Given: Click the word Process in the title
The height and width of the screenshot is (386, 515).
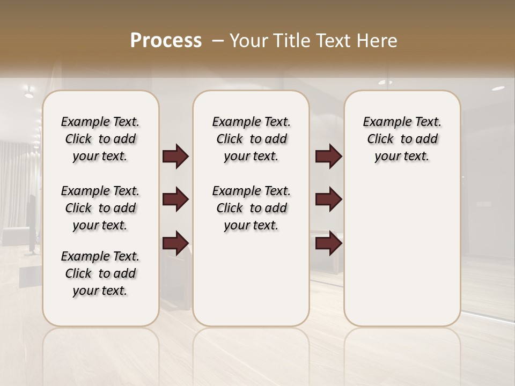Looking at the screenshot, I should click(x=166, y=41).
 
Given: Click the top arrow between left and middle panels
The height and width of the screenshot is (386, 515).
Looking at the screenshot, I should click(x=175, y=157).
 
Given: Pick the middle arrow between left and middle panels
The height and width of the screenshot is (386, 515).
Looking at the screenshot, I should click(x=175, y=200).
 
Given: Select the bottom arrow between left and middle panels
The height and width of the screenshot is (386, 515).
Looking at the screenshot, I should click(x=175, y=243).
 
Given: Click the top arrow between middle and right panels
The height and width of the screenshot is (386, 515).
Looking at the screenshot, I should click(x=328, y=157).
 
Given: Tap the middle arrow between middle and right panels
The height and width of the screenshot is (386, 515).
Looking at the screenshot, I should click(x=328, y=200).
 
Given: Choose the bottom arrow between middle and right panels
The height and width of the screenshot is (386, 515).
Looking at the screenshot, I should click(x=328, y=243).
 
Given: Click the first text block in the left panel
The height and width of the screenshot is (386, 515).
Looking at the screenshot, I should click(x=100, y=139).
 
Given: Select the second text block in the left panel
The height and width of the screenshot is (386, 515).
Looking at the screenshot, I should click(x=100, y=208).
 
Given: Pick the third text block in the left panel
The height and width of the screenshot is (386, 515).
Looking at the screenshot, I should click(x=100, y=273).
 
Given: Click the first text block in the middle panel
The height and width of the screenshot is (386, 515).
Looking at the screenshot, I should click(x=251, y=139).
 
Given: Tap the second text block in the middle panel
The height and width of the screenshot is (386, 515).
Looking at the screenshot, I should click(x=251, y=208).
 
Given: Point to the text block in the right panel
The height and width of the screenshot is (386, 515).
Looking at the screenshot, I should click(x=402, y=139).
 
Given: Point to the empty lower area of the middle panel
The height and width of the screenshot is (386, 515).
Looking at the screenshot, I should click(x=251, y=279).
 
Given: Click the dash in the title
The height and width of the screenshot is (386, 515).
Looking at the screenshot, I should click(x=218, y=41).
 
